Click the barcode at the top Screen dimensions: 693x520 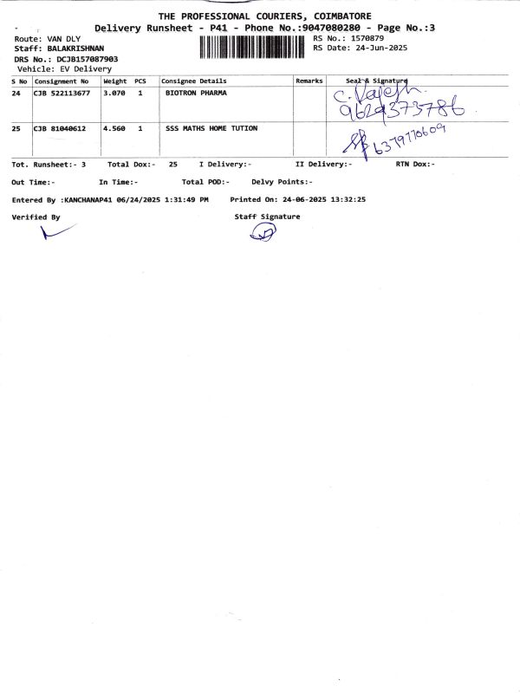(x=254, y=47)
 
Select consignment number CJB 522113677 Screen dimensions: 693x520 (x=62, y=93)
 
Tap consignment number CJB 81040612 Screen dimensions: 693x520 (x=59, y=128)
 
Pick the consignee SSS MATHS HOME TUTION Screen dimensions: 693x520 (x=211, y=128)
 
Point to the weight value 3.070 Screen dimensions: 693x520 (x=115, y=93)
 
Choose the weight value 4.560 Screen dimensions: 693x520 (x=115, y=128)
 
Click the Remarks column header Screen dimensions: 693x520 (x=309, y=81)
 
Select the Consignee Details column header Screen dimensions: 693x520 (x=194, y=81)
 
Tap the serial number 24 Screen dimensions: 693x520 (x=16, y=93)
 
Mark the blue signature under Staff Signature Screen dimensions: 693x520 (x=261, y=231)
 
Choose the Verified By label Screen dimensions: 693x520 (x=36, y=217)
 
